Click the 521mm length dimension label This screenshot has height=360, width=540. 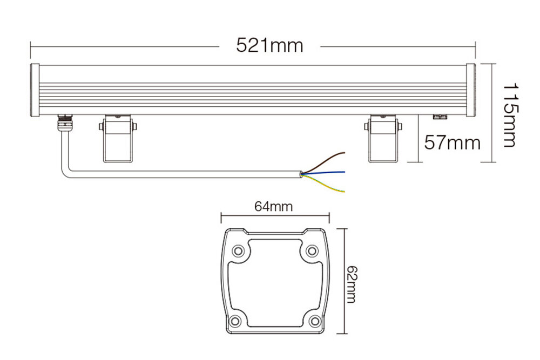click(x=269, y=45)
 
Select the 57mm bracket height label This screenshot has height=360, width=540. click(x=452, y=142)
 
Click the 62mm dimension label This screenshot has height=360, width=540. click(x=352, y=284)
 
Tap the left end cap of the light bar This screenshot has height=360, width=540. click(x=35, y=90)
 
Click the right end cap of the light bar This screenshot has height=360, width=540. click(x=470, y=90)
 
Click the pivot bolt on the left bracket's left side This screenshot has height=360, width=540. click(x=101, y=127)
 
